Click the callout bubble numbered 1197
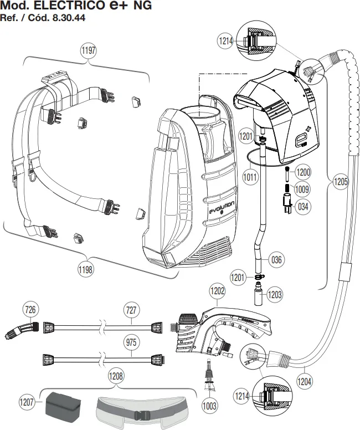(89, 50)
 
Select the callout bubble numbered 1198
(85, 269)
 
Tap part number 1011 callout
(250, 177)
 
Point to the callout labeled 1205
(341, 182)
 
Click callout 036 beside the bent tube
(276, 259)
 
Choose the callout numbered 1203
(275, 295)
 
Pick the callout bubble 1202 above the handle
(218, 291)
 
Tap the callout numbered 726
(30, 310)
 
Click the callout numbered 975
(131, 342)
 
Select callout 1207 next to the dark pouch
(27, 402)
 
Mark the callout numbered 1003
(209, 406)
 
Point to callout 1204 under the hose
(305, 381)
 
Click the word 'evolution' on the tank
(222, 208)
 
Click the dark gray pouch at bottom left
(63, 405)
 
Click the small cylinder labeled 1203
(258, 297)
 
